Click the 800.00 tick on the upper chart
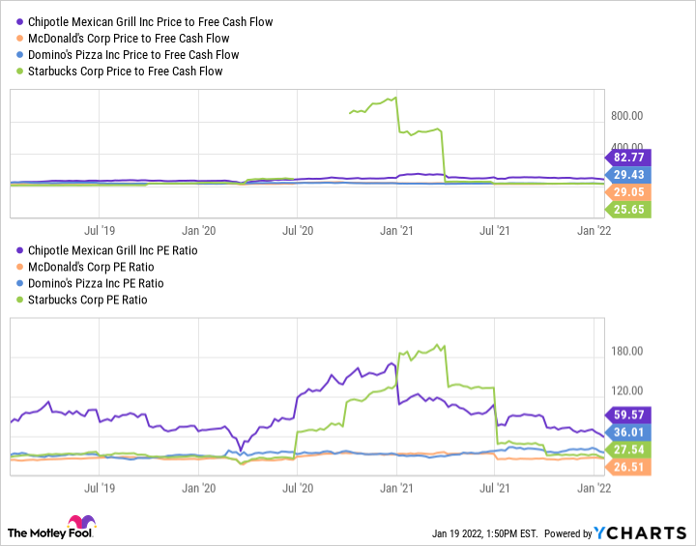pyautogui.click(x=627, y=115)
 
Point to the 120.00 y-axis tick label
pyautogui.click(x=627, y=390)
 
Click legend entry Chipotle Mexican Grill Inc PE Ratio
pyautogui.click(x=117, y=250)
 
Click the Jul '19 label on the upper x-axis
pyautogui.click(x=100, y=230)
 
